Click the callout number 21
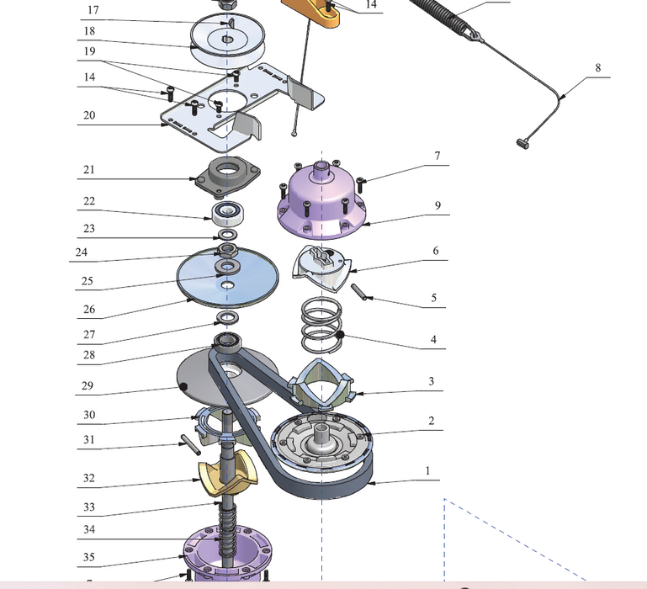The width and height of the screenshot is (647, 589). click(x=88, y=170)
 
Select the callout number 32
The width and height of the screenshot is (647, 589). click(x=88, y=478)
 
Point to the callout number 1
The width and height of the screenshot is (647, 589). click(x=427, y=471)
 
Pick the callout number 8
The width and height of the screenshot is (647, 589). click(x=598, y=67)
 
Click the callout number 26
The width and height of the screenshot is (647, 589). click(x=88, y=309)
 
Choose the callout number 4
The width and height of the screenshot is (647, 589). click(x=434, y=340)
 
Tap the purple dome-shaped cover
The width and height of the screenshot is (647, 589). click(x=322, y=199)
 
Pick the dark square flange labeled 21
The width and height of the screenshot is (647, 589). click(x=226, y=175)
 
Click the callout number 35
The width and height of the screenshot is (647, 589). click(x=88, y=557)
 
